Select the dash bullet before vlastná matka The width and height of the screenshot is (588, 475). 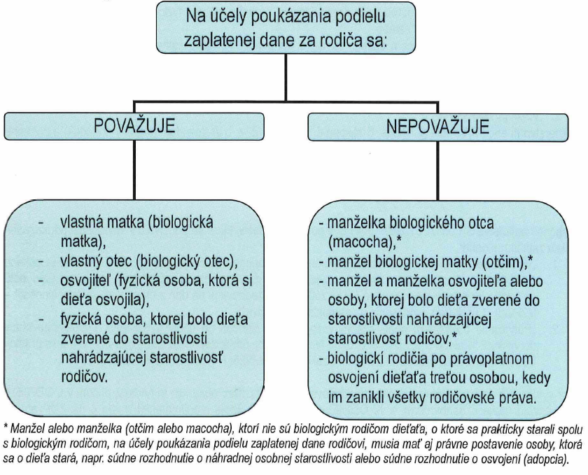pyautogui.click(x=42, y=224)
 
